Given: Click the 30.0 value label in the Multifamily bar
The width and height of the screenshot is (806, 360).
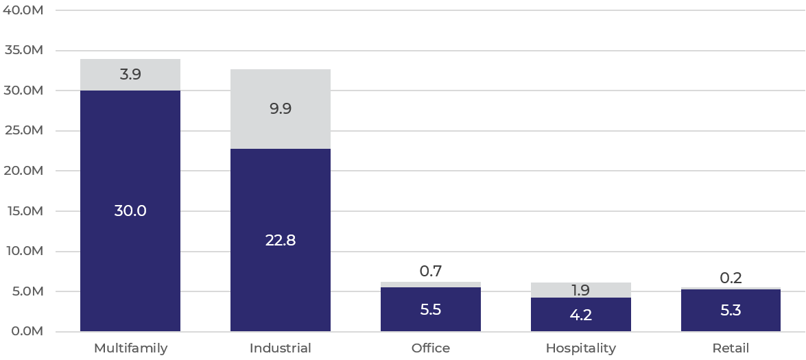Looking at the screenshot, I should (130, 211).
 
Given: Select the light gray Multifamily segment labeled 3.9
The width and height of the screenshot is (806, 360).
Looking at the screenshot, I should (130, 75).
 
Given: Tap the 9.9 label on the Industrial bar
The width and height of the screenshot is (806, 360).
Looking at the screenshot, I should (281, 108).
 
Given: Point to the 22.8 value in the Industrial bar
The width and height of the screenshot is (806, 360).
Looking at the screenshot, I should (281, 241).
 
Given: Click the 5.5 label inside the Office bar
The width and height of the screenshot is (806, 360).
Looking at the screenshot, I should (431, 309).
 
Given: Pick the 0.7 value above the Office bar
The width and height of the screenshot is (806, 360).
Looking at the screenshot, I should (431, 272).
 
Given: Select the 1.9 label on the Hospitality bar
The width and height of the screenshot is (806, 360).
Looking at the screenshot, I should (580, 290).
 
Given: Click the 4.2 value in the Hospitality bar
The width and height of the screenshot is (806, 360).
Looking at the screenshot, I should (580, 315).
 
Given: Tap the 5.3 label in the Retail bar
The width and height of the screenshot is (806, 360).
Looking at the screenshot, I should (731, 311).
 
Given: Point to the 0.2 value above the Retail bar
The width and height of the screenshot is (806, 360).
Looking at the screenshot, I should (731, 278).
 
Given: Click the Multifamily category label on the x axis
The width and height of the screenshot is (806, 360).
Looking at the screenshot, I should (130, 348).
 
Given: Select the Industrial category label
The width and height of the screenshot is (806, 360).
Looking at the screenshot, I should (281, 348).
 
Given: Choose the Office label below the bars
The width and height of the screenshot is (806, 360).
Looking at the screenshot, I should (431, 348).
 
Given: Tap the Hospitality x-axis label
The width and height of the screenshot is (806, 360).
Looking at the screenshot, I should (580, 348).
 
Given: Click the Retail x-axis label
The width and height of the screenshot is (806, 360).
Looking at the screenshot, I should (731, 348).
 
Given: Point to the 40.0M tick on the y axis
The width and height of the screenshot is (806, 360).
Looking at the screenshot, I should (24, 10).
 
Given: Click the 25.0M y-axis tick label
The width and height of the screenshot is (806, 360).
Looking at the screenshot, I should (24, 130).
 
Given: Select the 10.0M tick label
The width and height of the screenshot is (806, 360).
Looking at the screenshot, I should (24, 251).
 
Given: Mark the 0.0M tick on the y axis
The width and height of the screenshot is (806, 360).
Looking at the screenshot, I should (26, 331).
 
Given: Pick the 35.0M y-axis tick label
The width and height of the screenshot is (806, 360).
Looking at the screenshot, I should (24, 50).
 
